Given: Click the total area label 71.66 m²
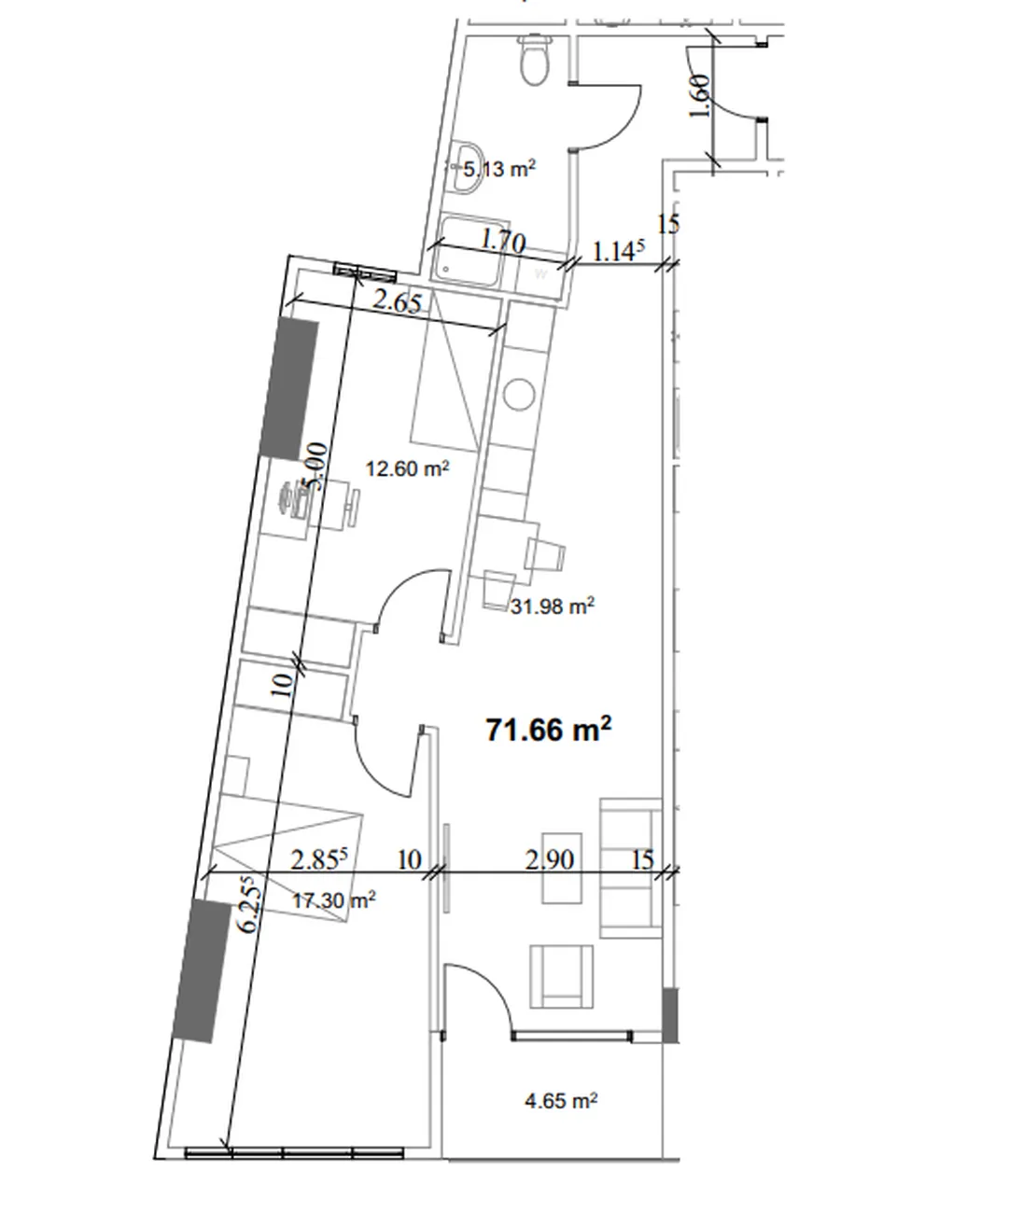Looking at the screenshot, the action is [548, 730].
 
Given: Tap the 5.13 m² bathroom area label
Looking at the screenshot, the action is [498, 169].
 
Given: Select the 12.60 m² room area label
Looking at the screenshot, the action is [407, 468].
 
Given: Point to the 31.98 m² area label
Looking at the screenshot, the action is [553, 606].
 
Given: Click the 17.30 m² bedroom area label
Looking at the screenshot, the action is [333, 900].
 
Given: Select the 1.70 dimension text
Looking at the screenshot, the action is [503, 241].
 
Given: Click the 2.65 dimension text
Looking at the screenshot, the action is [398, 302].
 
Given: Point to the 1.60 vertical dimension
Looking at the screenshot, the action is [700, 96].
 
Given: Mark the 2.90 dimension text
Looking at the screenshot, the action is [549, 859].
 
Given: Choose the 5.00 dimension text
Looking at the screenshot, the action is [316, 467].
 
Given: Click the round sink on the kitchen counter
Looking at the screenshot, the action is [518, 395].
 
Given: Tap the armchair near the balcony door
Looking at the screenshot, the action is [561, 977].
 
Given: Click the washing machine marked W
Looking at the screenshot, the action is [540, 274].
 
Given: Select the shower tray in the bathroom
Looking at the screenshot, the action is [470, 251].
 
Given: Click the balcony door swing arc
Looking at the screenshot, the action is [492, 987].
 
